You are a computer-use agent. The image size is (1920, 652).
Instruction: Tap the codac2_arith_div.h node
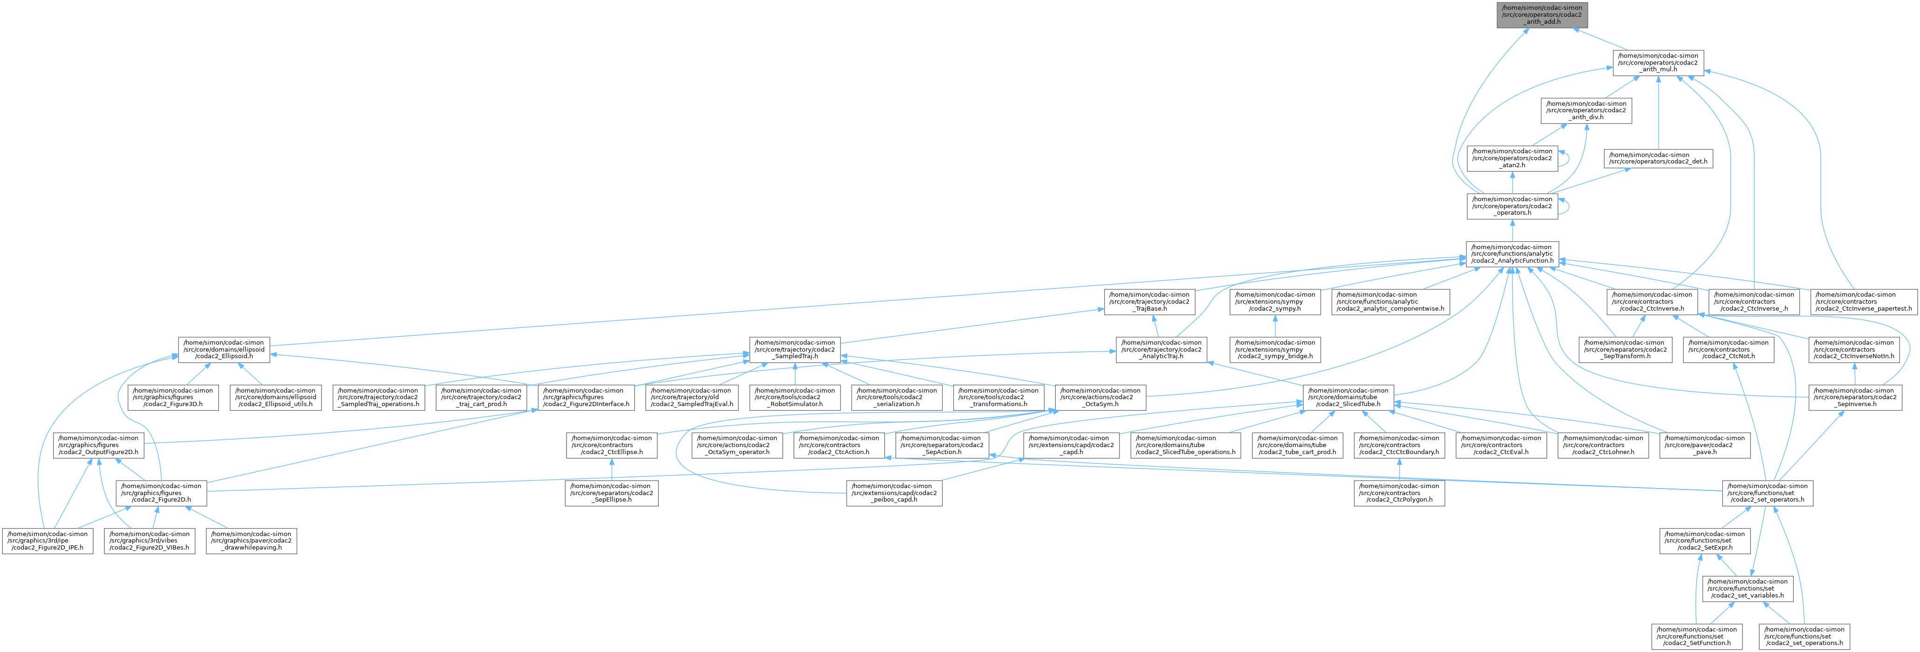pos(1586,110)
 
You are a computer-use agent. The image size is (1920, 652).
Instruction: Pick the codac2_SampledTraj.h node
pos(794,349)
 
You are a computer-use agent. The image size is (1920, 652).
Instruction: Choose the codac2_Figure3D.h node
pos(173,397)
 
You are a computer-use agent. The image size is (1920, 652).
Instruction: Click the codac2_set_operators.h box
pos(1769,493)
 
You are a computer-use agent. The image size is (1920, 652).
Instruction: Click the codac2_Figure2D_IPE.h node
pos(47,540)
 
